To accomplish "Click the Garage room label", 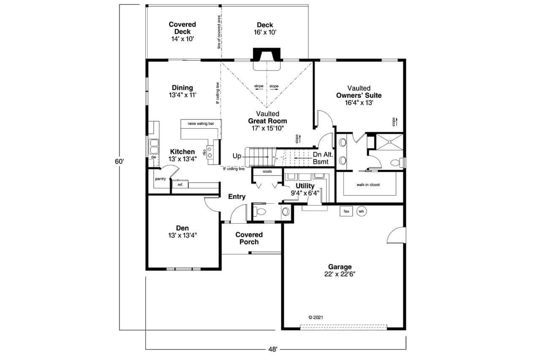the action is (x=340, y=267).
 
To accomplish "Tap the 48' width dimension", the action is (x=273, y=349).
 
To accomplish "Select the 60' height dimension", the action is (x=119, y=161).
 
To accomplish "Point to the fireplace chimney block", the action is (x=267, y=54).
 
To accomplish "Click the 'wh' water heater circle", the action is (x=362, y=211).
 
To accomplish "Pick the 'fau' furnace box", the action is (x=346, y=211).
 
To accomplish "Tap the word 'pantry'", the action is (x=161, y=179).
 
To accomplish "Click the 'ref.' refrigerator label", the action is (x=181, y=185).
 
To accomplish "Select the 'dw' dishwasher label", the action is (x=154, y=157).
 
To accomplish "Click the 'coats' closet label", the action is (x=267, y=171).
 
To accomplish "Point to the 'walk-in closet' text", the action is (x=368, y=185).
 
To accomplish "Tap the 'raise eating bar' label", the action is (x=201, y=124).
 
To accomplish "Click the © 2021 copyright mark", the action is (x=316, y=317).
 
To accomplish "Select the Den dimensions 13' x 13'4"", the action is (x=183, y=235).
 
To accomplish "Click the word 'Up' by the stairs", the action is (x=237, y=156).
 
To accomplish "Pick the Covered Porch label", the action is (x=249, y=238).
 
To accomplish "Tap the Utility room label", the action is (x=305, y=186).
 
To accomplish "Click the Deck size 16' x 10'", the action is (x=265, y=32).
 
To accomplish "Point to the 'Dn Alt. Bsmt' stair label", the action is (x=323, y=158).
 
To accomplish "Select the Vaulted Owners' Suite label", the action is (x=359, y=95).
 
